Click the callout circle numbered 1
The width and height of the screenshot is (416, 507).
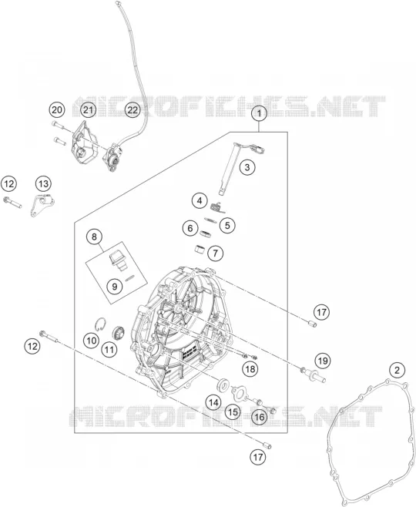click(x=259, y=113)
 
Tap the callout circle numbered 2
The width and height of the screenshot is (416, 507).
click(x=397, y=370)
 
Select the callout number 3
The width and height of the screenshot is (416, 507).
click(x=247, y=167)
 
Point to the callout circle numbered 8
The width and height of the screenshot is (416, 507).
click(x=94, y=237)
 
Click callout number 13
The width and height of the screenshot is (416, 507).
click(x=43, y=184)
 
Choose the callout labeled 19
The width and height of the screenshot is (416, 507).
click(x=323, y=361)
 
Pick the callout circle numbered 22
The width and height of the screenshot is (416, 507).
click(x=133, y=110)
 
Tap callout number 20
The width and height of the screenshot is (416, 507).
click(x=57, y=110)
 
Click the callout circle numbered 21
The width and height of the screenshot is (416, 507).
click(x=89, y=110)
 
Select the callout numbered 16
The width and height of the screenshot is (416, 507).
click(x=260, y=417)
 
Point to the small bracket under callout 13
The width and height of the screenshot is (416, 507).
click(x=42, y=205)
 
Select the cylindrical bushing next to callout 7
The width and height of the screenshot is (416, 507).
click(x=200, y=250)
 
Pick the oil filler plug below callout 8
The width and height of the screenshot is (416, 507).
click(x=117, y=260)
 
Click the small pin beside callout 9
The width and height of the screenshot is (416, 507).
click(x=129, y=277)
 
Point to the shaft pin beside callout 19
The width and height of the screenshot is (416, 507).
click(x=314, y=374)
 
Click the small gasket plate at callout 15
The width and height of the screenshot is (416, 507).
click(x=239, y=392)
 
